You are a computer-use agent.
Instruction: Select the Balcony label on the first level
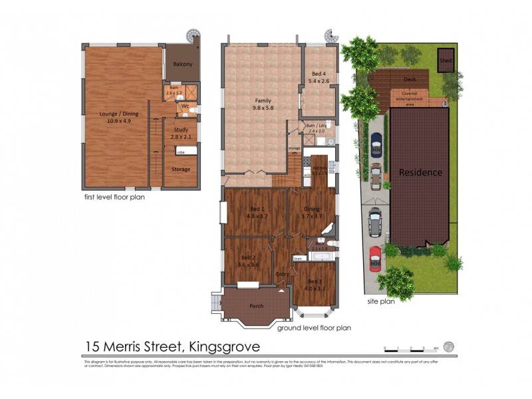(182, 65)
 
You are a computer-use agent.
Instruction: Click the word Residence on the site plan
(420, 173)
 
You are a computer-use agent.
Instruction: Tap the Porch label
(255, 306)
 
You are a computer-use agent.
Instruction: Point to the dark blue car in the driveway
(376, 142)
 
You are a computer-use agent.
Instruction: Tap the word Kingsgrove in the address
(224, 346)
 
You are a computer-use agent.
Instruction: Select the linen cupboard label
(298, 258)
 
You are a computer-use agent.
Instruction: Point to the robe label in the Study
(180, 152)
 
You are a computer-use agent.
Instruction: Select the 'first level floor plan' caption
(114, 197)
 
